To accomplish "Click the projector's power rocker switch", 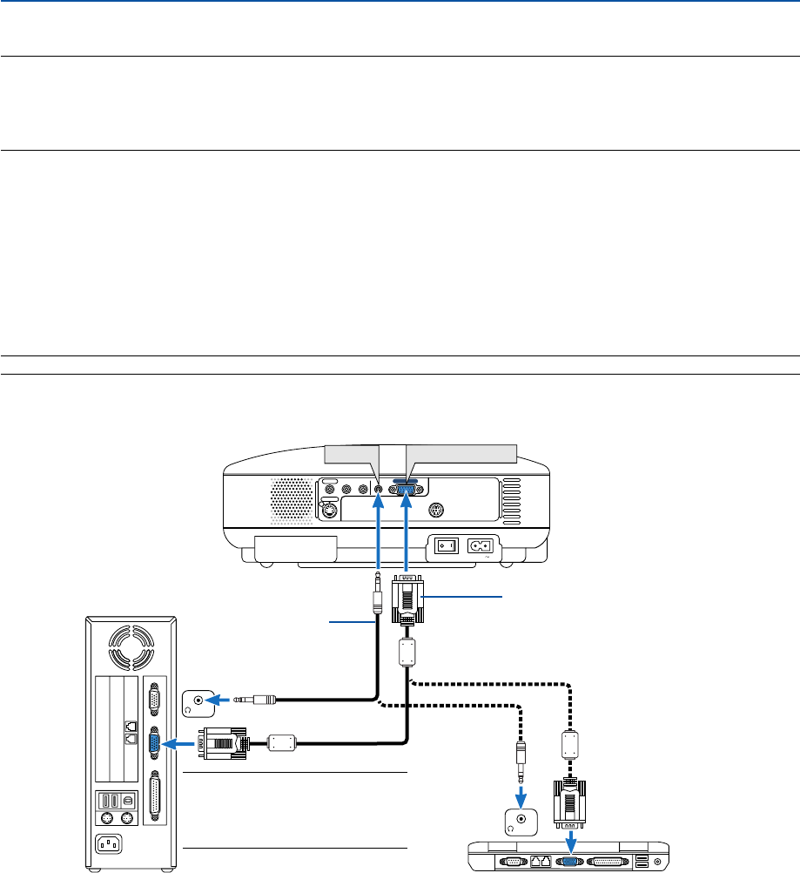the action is coord(446,546).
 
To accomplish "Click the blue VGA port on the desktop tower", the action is coord(154,743).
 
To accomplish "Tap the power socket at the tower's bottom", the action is coord(111,843).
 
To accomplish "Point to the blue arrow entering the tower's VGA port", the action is coord(181,743).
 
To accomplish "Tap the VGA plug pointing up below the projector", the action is coord(407,598).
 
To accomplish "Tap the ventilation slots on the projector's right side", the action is coord(511,498).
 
